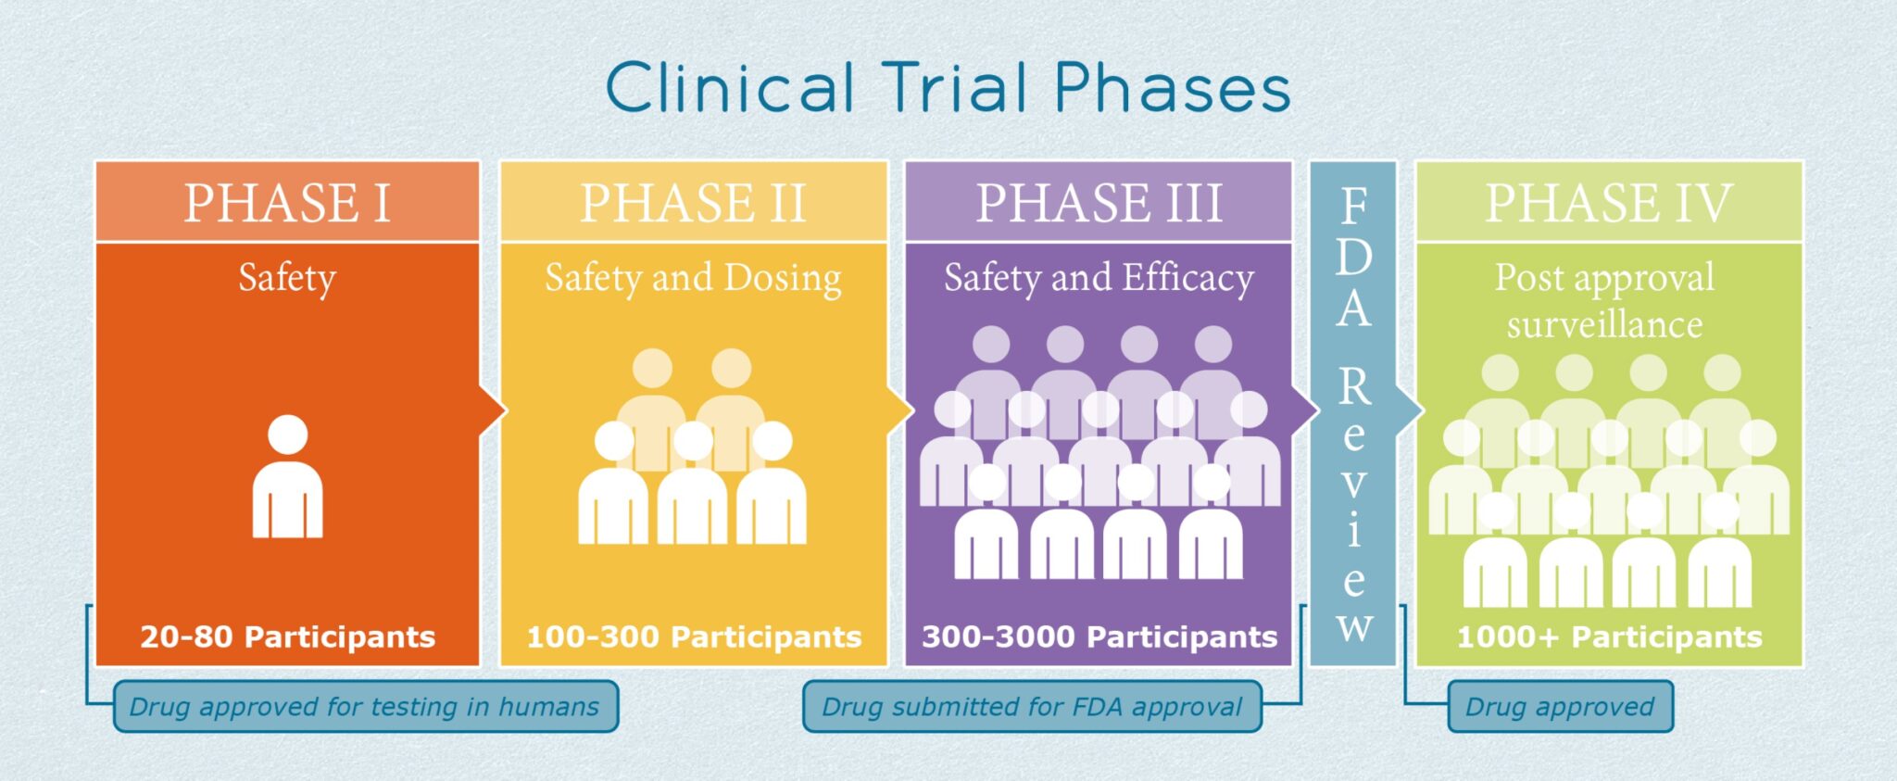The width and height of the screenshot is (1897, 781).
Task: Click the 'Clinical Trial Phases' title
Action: (948, 88)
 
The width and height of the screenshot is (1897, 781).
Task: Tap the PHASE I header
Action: (287, 203)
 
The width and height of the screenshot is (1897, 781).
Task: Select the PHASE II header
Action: (693, 203)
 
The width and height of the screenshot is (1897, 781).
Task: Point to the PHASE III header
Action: (1099, 203)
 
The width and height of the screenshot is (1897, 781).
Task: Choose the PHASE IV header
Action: (1609, 203)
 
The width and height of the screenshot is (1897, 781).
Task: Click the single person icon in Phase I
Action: (288, 477)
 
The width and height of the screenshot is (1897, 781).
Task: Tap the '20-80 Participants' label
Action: (287, 636)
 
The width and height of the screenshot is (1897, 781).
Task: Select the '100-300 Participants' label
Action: (694, 636)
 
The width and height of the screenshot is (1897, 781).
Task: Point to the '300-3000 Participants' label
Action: (1099, 636)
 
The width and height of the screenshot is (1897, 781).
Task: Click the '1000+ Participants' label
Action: (1609, 636)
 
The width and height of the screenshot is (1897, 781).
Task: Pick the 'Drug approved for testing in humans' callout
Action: (365, 707)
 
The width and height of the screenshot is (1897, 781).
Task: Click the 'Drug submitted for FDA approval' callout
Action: (1032, 707)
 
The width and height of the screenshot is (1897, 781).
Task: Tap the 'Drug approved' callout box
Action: (1560, 707)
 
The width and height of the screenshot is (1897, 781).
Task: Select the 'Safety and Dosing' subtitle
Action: (693, 278)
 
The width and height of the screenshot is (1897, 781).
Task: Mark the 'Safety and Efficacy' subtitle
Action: (1099, 278)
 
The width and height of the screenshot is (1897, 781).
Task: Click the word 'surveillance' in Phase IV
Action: (1604, 325)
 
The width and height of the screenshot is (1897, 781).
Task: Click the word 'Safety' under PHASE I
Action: (287, 278)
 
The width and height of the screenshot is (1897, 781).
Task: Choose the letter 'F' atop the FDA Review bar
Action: (1354, 206)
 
